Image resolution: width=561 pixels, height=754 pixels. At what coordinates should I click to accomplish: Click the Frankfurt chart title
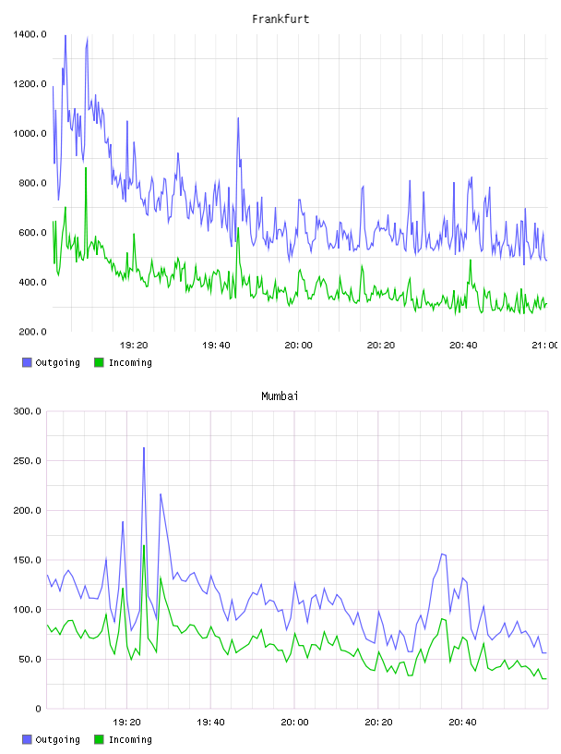[x=280, y=19]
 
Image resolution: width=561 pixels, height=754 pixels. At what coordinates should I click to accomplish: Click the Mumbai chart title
[x=280, y=396]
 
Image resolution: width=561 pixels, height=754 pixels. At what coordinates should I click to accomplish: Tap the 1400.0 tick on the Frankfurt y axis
[x=30, y=34]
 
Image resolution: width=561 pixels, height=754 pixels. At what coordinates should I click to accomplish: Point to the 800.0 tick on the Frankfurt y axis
[x=30, y=183]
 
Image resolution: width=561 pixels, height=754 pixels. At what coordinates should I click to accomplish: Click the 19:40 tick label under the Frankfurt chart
[x=216, y=345]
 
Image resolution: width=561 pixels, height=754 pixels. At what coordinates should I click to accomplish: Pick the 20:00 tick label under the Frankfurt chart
[x=298, y=345]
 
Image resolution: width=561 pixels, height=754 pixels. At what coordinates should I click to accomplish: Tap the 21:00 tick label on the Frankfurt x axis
[x=544, y=345]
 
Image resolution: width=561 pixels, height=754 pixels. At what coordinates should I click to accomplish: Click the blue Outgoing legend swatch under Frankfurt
[x=27, y=362]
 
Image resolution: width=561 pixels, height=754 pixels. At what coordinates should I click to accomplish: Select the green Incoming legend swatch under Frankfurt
[x=99, y=362]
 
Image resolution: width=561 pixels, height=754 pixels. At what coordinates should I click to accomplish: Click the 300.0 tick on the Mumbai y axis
[x=28, y=411]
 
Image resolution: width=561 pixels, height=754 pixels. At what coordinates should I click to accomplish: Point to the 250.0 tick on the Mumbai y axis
[x=28, y=461]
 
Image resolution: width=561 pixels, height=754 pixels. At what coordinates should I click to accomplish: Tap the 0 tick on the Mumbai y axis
[x=39, y=709]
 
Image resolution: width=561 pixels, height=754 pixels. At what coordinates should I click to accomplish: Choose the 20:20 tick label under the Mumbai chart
[x=378, y=722]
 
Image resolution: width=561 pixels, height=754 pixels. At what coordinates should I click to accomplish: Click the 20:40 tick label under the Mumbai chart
[x=462, y=722]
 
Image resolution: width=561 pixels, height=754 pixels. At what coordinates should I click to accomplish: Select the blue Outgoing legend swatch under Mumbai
[x=27, y=739]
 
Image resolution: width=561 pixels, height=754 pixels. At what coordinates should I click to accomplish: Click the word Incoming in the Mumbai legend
[x=130, y=739]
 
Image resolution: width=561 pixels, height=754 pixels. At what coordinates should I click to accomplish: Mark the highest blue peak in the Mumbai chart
[x=144, y=448]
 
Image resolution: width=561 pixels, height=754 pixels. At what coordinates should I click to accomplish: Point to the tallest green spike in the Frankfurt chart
[x=86, y=168]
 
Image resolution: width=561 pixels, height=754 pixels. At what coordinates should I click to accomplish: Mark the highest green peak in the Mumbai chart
[x=144, y=546]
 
